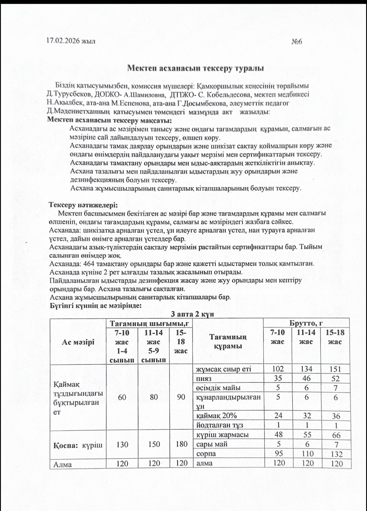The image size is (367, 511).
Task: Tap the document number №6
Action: tap(297, 42)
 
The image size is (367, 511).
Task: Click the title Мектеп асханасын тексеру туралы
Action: tap(195, 68)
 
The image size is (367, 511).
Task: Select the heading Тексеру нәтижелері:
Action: tap(83, 205)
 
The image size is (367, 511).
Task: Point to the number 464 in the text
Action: tap(89, 264)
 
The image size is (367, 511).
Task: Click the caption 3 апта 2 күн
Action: tap(192, 314)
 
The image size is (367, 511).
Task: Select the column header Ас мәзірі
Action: tap(78, 342)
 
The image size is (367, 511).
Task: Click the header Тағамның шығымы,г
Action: tap(149, 323)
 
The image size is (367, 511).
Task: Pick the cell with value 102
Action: tap(277, 369)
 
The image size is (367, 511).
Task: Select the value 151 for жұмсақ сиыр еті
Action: tap(335, 369)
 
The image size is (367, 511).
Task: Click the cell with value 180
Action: tap(181, 444)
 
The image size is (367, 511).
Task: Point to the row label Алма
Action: tap(63, 464)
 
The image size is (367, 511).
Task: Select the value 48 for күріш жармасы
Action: tap(278, 435)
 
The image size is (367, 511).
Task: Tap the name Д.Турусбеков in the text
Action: tap(66, 95)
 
